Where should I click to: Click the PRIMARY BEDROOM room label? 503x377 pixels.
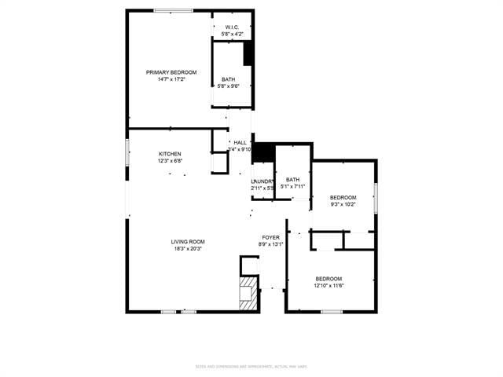click(x=171, y=72)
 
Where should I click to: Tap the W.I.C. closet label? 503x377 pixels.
click(x=233, y=27)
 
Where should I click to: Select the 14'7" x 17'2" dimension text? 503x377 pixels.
click(x=171, y=79)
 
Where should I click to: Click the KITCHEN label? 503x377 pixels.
click(x=170, y=154)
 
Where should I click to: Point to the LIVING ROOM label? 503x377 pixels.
click(x=188, y=242)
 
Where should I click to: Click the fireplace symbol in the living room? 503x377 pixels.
click(x=248, y=291)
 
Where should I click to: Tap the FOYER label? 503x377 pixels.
click(x=270, y=237)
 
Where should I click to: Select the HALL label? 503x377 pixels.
click(x=240, y=142)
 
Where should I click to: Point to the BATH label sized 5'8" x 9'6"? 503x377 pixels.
click(x=228, y=79)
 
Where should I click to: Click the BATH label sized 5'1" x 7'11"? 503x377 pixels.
click(x=292, y=179)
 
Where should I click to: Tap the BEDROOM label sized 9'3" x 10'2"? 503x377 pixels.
click(x=343, y=197)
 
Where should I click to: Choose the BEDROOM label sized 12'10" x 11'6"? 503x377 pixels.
click(x=329, y=279)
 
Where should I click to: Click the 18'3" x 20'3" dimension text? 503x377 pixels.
click(x=188, y=249)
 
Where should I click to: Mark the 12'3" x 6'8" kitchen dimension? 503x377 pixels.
click(x=170, y=161)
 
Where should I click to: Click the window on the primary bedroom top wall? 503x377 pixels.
click(x=174, y=10)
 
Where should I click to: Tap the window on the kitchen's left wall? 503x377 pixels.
click(x=127, y=152)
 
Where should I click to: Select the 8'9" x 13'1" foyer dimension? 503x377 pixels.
click(x=270, y=244)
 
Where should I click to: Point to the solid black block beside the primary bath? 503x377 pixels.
click(x=248, y=53)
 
